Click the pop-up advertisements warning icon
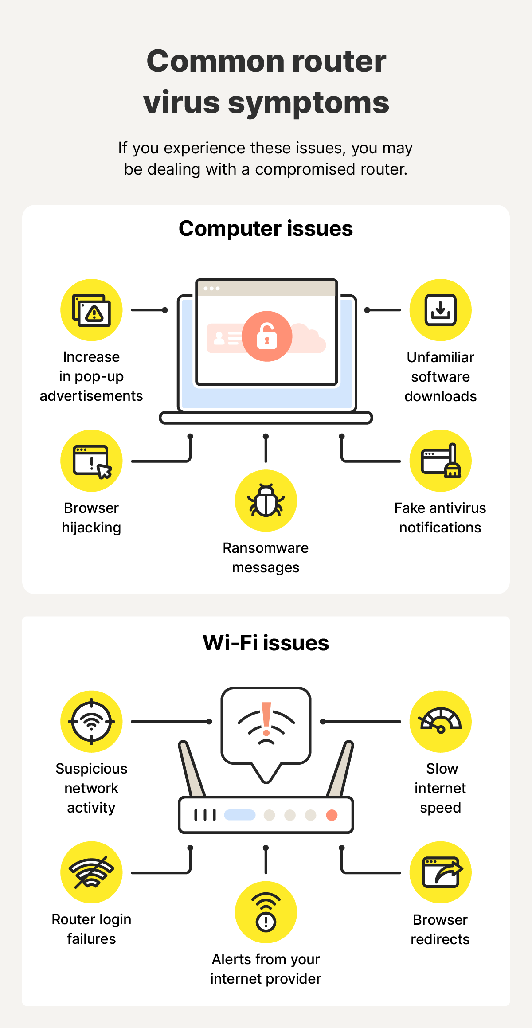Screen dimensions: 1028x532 pyautogui.click(x=91, y=310)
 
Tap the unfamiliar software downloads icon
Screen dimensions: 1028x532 pyautogui.click(x=440, y=310)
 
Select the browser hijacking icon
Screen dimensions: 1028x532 pyautogui.click(x=91, y=461)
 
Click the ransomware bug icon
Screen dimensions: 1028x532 pyautogui.click(x=266, y=500)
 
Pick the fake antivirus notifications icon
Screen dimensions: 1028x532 pyautogui.click(x=440, y=461)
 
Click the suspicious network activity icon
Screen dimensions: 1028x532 pyautogui.click(x=91, y=721)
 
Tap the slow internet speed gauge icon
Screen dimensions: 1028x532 pyautogui.click(x=440, y=721)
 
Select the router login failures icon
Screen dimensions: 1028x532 pyautogui.click(x=91, y=872)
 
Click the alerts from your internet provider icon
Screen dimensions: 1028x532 pyautogui.click(x=266, y=912)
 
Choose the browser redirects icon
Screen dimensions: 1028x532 pyautogui.click(x=440, y=872)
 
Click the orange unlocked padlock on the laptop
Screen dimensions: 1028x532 pyautogui.click(x=267, y=336)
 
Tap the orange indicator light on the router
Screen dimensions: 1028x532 pyautogui.click(x=332, y=815)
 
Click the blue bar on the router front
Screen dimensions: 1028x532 pyautogui.click(x=240, y=815)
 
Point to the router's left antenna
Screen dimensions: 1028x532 pyautogui.click(x=192, y=769)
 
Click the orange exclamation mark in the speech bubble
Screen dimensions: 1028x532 pyautogui.click(x=266, y=718)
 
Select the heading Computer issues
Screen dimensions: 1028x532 pyautogui.click(x=266, y=229)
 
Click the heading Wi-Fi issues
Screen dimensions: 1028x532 pyautogui.click(x=266, y=643)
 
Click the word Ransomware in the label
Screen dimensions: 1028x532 pyautogui.click(x=266, y=548)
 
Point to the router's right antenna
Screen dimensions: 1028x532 pyautogui.click(x=340, y=769)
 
